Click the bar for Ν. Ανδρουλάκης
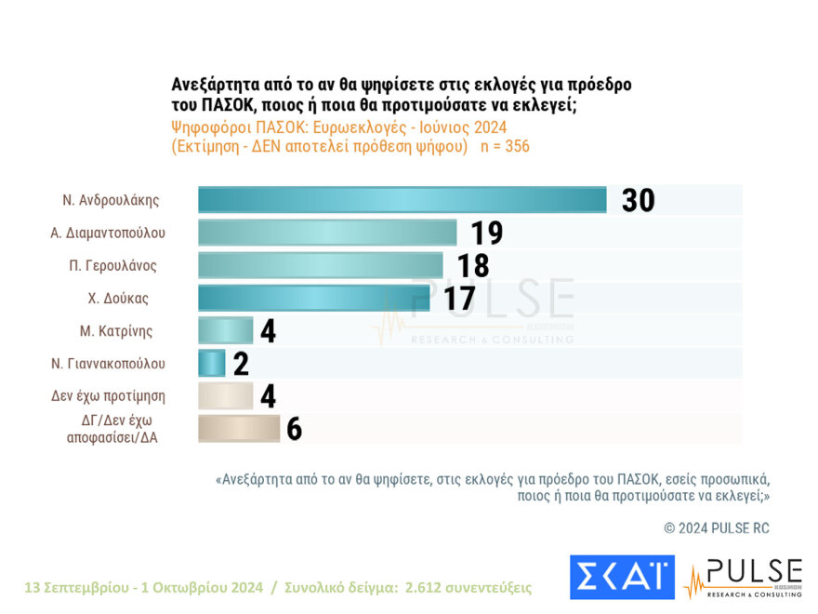402,200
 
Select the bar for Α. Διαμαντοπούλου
327,233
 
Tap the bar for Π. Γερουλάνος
320,265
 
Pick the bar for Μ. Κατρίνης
225,330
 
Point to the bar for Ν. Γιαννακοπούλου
212,363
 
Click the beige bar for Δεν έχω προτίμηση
225,395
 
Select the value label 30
638,200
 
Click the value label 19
486,233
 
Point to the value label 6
294,428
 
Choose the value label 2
241,363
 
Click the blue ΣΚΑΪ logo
622,578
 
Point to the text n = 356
505,147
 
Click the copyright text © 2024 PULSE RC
717,528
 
